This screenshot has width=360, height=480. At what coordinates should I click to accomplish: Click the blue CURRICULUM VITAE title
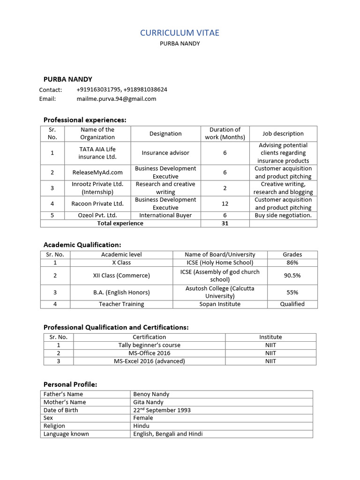pos(180,33)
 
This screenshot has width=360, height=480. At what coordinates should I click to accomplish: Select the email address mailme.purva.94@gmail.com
pos(116,99)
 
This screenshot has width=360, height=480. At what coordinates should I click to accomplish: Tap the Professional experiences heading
pos(85,120)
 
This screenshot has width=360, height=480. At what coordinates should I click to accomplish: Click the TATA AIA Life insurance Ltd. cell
pos(97,153)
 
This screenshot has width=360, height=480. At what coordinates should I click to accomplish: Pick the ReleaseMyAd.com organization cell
pos(97,172)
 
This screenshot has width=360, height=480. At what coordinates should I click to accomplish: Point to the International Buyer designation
pos(165,215)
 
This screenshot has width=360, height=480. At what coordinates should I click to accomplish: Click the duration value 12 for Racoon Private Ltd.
pos(225,203)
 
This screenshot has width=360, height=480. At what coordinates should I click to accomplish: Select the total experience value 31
pos(225,223)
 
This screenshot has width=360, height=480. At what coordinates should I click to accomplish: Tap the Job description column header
pos(283,134)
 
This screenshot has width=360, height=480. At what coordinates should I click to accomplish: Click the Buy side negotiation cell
pos(283,215)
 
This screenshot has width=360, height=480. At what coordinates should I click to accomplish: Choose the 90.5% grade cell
pos(292,276)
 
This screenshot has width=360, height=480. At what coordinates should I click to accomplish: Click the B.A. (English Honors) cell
pos(121,292)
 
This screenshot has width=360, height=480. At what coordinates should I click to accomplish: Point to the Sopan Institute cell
pos(220,304)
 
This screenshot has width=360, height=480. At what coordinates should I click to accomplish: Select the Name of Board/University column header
pos(220,255)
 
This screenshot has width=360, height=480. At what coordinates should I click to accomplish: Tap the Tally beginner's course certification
pos(149,345)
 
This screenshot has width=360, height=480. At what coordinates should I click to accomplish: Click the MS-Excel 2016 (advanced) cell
pos(149,361)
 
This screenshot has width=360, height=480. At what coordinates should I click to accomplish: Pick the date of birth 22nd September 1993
pos(162,410)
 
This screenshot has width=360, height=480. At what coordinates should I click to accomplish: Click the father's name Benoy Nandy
pos(151,394)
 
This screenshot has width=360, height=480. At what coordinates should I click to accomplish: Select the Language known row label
pos(66,434)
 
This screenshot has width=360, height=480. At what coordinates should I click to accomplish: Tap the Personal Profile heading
pos(70,384)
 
